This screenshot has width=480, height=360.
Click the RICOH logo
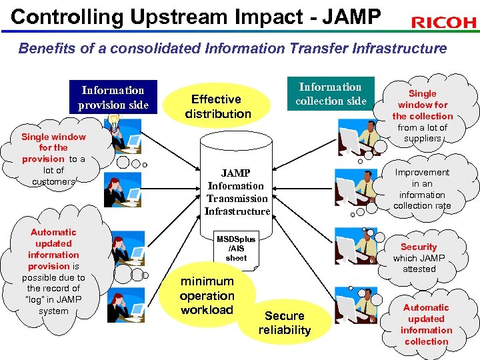coord(443,23)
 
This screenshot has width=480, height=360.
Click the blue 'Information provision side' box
coord(113,97)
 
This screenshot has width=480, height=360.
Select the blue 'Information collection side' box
coord(331,94)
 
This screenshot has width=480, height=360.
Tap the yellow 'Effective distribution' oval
coord(217,106)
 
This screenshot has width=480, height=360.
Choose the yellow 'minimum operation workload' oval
coord(207,295)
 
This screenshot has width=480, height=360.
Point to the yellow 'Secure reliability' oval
coord(285,323)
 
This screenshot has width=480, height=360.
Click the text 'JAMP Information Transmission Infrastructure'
coord(237,192)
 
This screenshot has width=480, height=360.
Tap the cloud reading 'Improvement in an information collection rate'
coord(422,189)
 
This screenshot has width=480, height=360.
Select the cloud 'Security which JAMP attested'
coord(419,257)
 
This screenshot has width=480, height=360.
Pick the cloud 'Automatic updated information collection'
coord(426,324)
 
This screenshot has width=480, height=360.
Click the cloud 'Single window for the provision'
coord(53,159)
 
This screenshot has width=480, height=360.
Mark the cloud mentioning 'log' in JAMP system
coord(53,271)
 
